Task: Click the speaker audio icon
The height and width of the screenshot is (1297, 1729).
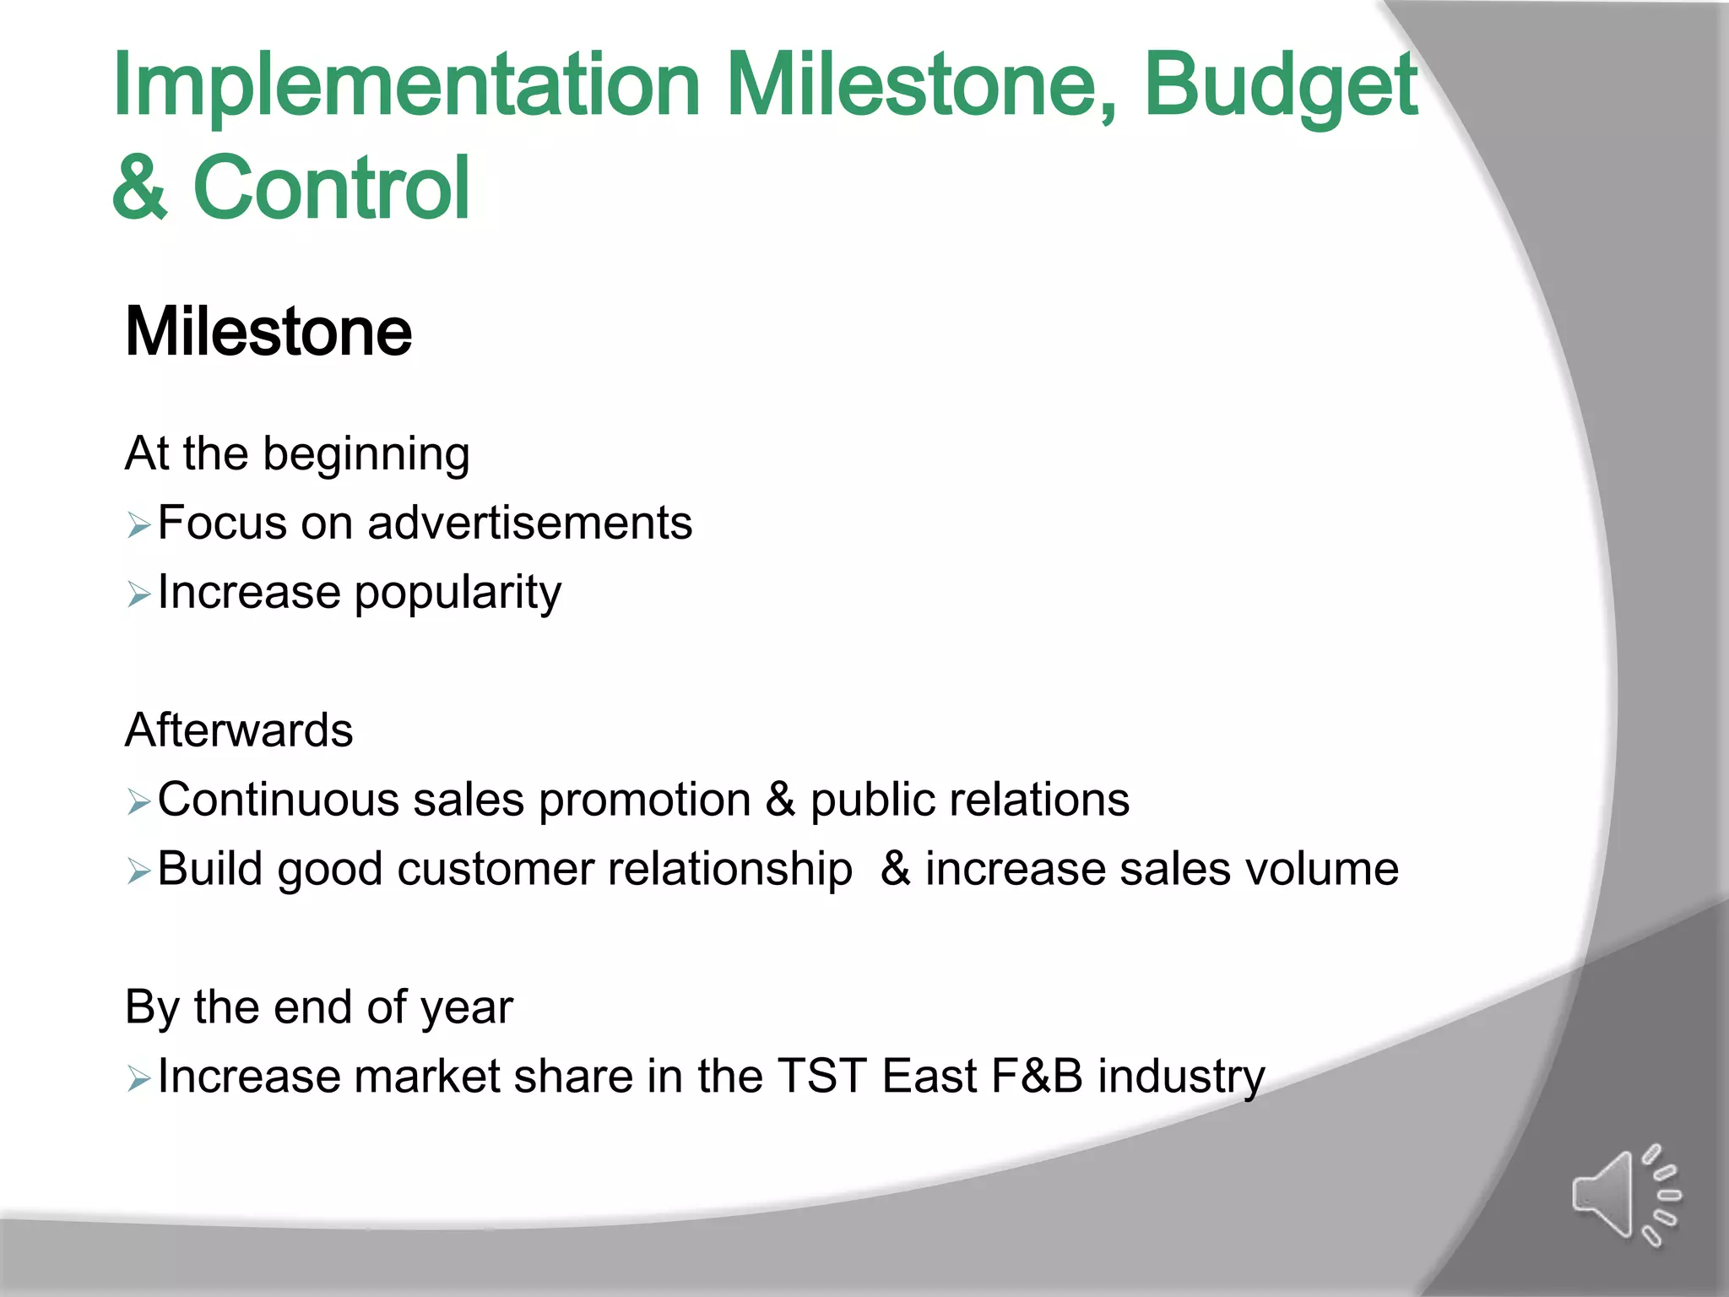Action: [x=1624, y=1196]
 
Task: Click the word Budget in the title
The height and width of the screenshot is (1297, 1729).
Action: [x=1280, y=86]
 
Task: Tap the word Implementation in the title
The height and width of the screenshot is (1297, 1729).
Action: [x=406, y=86]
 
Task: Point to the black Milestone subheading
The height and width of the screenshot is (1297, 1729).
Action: [x=268, y=332]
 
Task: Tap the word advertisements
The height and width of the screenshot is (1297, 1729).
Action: [x=530, y=523]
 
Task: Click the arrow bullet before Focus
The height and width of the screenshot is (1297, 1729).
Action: [x=138, y=526]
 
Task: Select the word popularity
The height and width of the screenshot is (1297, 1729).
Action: [x=458, y=594]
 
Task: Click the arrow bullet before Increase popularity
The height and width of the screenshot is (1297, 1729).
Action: [x=138, y=595]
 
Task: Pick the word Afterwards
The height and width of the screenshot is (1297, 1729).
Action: [x=239, y=730]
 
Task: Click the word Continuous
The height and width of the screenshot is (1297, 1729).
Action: [x=279, y=800]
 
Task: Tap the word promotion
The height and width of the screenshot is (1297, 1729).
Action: [x=644, y=800]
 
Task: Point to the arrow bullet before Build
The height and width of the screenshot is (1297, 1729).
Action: [x=138, y=871]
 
